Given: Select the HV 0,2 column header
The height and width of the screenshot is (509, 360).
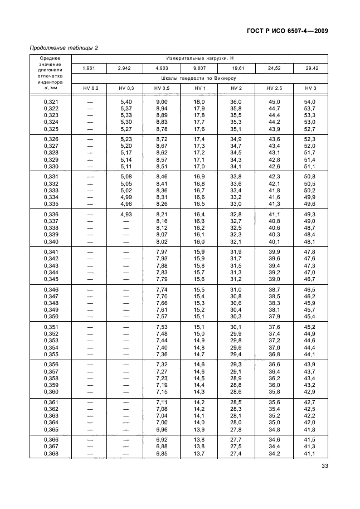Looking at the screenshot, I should coord(90,89).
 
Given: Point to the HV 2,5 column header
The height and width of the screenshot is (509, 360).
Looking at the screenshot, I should coord(274,89).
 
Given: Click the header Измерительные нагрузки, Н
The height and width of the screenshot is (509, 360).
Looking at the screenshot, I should coord(200,58).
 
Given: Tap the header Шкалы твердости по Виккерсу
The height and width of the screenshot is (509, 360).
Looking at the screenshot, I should coord(200,79).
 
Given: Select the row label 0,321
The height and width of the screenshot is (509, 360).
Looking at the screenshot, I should coord(51,101).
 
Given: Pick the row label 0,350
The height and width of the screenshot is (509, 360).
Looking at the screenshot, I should coord(51,317).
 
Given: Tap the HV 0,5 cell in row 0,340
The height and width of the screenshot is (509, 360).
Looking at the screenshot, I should coord(162,241).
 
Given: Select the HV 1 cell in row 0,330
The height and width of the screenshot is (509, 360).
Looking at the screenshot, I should coord(200,166).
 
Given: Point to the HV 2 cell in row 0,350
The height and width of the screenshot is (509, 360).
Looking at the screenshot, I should coord(236,317).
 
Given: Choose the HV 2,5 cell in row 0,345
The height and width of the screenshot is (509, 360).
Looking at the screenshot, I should coord(274,279).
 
